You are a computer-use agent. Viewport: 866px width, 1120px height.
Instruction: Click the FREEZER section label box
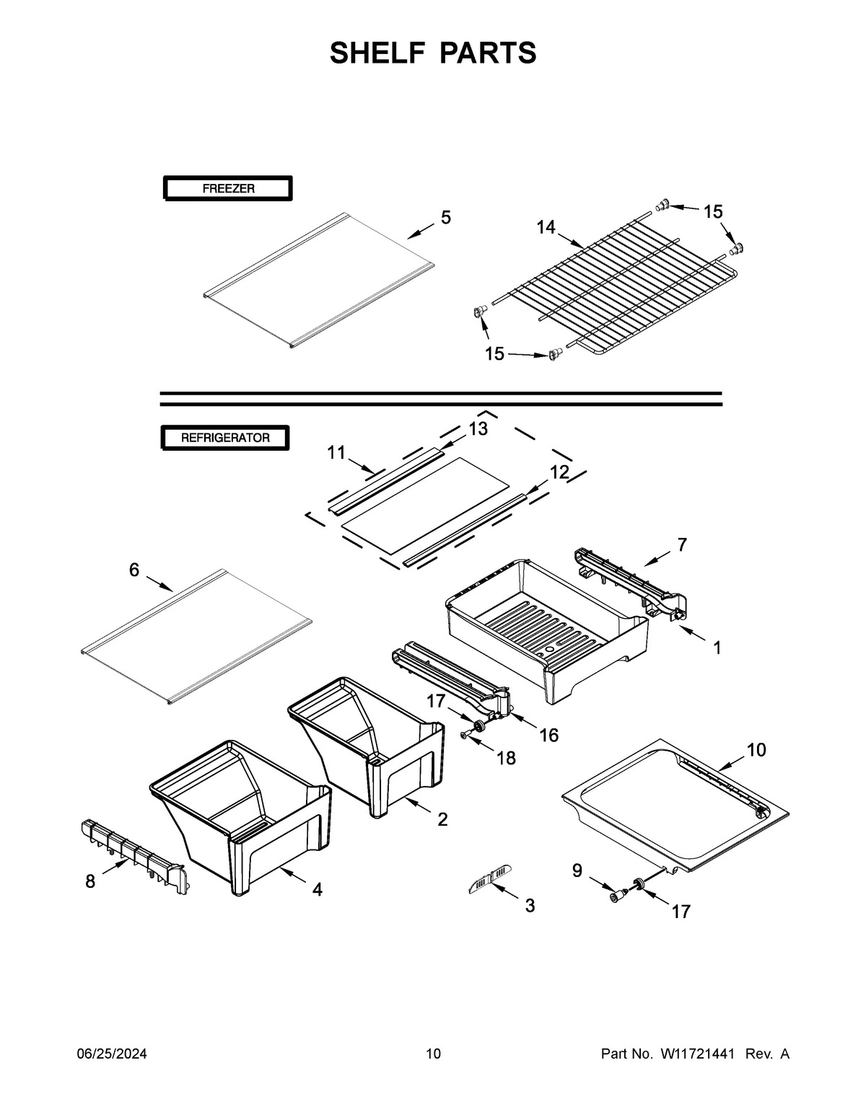tap(228, 189)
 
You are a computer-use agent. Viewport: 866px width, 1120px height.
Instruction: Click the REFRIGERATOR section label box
tap(225, 438)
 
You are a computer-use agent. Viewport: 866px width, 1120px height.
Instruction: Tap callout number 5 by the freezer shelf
tap(446, 217)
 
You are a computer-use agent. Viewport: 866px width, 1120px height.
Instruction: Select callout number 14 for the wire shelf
tap(546, 227)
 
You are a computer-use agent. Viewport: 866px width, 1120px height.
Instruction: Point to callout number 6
tap(134, 570)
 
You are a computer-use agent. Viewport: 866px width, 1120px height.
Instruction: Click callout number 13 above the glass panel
tap(478, 429)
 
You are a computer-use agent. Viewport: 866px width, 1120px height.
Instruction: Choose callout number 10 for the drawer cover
tap(756, 750)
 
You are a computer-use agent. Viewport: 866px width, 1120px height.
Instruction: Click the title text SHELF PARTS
tap(433, 53)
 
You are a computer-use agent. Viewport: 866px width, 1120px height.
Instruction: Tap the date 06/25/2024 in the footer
tap(112, 1054)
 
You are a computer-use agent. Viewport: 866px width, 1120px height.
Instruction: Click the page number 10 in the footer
tap(433, 1054)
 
